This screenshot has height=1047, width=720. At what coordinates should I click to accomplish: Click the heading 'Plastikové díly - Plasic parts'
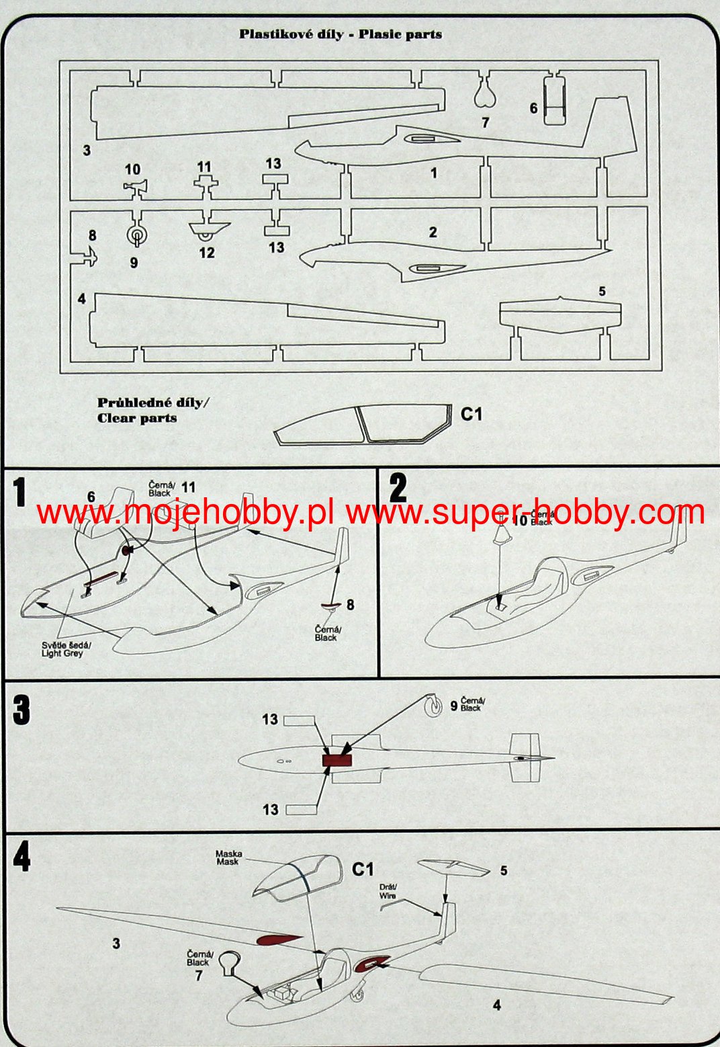point(341,34)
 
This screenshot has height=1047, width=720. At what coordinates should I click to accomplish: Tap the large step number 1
point(20,492)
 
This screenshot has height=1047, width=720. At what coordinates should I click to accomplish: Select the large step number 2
point(398,488)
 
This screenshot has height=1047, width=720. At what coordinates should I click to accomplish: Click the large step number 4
point(21,857)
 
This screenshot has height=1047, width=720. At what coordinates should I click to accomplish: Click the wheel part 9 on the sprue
point(137,235)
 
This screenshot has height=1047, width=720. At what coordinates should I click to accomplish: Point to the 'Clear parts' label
point(137,418)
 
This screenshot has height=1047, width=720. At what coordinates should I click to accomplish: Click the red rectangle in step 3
point(337,761)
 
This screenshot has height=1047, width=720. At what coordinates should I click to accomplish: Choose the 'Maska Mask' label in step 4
point(228,857)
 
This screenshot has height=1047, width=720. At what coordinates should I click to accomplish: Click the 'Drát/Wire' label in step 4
point(388,891)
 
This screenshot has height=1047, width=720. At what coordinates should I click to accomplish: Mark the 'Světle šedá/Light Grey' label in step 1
point(62,649)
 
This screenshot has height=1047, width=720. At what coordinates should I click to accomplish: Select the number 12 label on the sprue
point(206,252)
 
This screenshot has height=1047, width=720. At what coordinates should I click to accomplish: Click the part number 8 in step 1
point(350,605)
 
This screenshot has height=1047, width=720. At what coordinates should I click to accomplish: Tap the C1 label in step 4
point(363,870)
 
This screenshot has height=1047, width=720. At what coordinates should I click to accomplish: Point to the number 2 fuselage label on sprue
point(433,233)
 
